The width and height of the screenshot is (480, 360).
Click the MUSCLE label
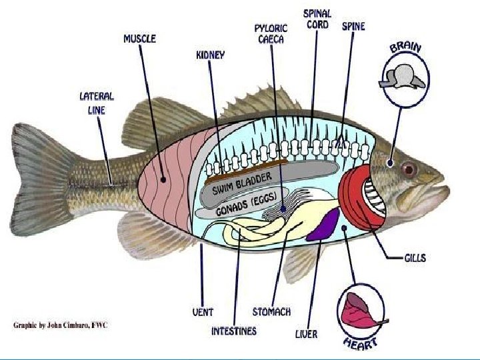(x=139, y=39)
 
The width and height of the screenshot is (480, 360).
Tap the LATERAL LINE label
(x=97, y=103)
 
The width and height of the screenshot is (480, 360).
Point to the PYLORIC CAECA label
(x=271, y=33)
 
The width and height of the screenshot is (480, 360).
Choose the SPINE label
(x=353, y=27)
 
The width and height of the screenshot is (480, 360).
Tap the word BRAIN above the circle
(x=405, y=49)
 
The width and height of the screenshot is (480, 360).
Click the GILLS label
(x=415, y=257)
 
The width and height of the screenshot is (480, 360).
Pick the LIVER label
(x=306, y=333)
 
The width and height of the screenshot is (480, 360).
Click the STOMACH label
(x=271, y=311)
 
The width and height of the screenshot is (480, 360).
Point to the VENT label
(x=203, y=311)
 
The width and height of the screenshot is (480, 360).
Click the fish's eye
(x=409, y=169)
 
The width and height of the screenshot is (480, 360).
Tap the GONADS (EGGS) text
(x=250, y=203)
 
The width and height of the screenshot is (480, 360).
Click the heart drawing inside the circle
(x=362, y=309)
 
